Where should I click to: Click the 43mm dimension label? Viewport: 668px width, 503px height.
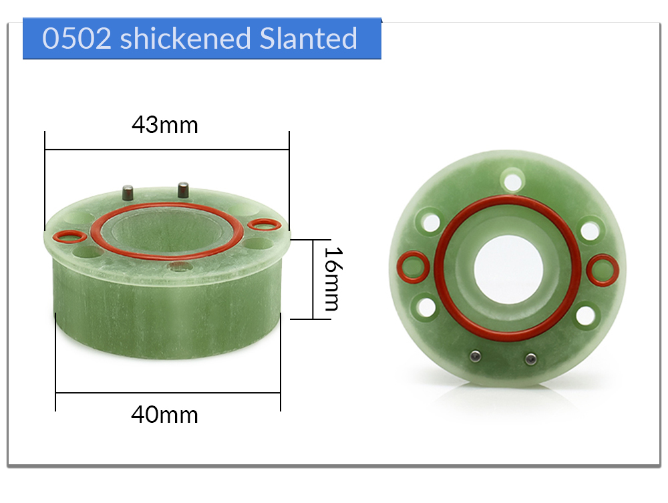[x=165, y=125]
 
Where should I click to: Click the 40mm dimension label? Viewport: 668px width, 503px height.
[x=164, y=414]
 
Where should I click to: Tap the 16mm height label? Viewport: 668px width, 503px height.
[x=333, y=279]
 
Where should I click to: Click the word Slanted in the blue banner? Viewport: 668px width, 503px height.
[x=308, y=38]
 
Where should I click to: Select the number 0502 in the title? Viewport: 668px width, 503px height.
[x=77, y=38]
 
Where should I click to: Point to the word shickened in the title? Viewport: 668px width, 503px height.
[x=185, y=38]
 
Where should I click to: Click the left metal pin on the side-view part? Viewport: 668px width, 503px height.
[x=128, y=192]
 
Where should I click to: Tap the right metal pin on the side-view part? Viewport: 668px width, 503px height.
[x=183, y=190]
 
